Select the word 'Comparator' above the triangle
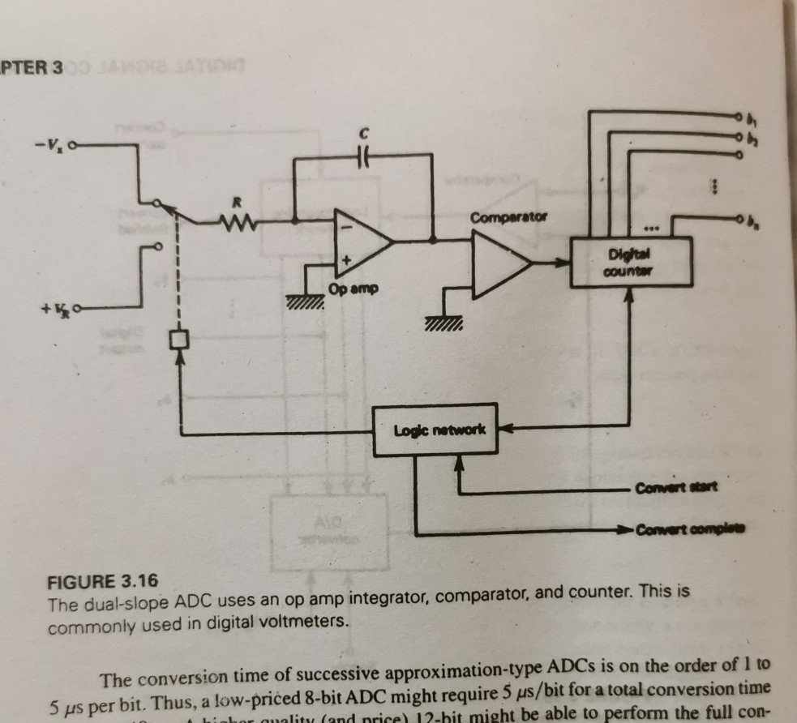(508, 218)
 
